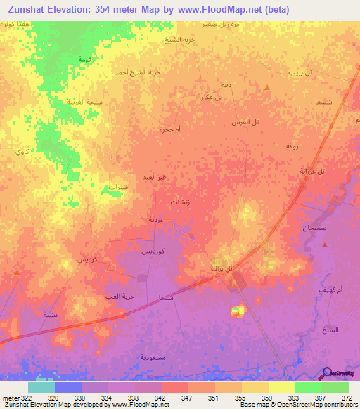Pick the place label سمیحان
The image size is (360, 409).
point(314,230)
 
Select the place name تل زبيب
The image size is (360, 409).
point(301,72)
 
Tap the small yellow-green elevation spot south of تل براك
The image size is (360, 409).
point(238,310)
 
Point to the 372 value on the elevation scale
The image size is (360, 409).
point(347,398)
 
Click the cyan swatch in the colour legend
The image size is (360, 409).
point(41,387)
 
